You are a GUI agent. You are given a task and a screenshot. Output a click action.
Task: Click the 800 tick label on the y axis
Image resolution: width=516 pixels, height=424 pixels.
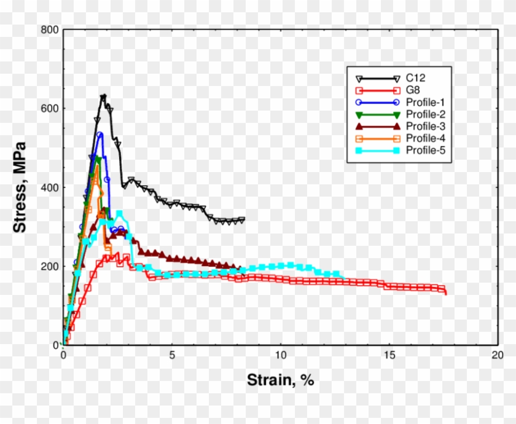click(x=49, y=29)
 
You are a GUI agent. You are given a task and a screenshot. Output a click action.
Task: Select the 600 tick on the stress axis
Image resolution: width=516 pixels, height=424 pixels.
click(x=49, y=108)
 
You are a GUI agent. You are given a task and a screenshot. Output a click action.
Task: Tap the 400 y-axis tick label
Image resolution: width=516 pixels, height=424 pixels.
click(x=49, y=187)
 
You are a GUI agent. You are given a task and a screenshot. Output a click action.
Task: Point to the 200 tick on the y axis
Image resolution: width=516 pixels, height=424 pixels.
click(x=49, y=266)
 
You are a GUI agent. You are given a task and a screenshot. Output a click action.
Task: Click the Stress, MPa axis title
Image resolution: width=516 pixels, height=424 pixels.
click(x=20, y=187)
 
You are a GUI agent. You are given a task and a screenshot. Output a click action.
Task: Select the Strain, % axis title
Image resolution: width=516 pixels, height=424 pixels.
click(x=280, y=380)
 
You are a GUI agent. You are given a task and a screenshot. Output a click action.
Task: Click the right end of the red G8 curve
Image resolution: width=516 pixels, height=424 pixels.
click(x=445, y=293)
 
